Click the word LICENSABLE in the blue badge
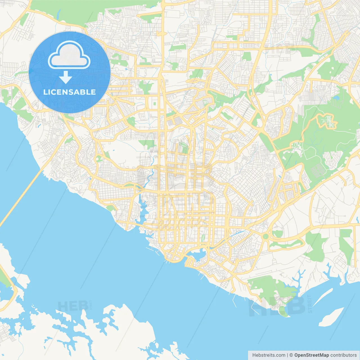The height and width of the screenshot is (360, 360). (x=69, y=92)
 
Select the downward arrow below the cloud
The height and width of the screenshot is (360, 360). (x=66, y=77)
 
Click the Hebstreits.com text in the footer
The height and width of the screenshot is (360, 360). (x=269, y=355)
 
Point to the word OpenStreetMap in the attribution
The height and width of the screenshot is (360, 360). (x=312, y=355)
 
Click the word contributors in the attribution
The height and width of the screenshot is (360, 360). (x=343, y=355)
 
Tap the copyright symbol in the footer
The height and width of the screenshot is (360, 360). (x=291, y=355)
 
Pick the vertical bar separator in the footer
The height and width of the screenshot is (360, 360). (x=287, y=355)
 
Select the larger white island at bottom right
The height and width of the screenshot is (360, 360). (x=332, y=317)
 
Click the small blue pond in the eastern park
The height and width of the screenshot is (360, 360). (x=336, y=98)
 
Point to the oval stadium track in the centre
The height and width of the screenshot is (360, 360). (x=183, y=145)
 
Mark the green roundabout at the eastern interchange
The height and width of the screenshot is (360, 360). (x=265, y=236)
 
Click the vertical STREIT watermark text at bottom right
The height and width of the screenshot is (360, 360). (x=310, y=304)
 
